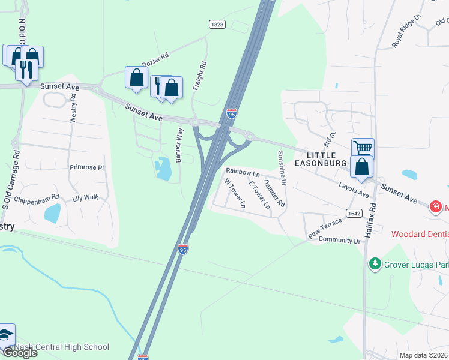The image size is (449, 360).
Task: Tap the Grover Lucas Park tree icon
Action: [x=375, y=263]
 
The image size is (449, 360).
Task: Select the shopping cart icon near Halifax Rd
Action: [x=363, y=148]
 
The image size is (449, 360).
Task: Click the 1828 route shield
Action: [x=217, y=24]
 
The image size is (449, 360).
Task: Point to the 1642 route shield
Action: [x=353, y=213]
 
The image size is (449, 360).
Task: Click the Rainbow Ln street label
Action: [x=243, y=172]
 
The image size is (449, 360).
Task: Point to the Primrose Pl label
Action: [x=86, y=167]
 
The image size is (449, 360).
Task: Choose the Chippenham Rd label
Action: [x=37, y=197]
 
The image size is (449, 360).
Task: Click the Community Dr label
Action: [x=339, y=241]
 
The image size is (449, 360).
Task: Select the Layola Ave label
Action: [x=353, y=190]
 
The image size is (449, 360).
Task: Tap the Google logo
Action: [x=19, y=352]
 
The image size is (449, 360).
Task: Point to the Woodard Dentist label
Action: [x=420, y=234]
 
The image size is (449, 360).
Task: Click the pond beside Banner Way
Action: [x=162, y=168]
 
